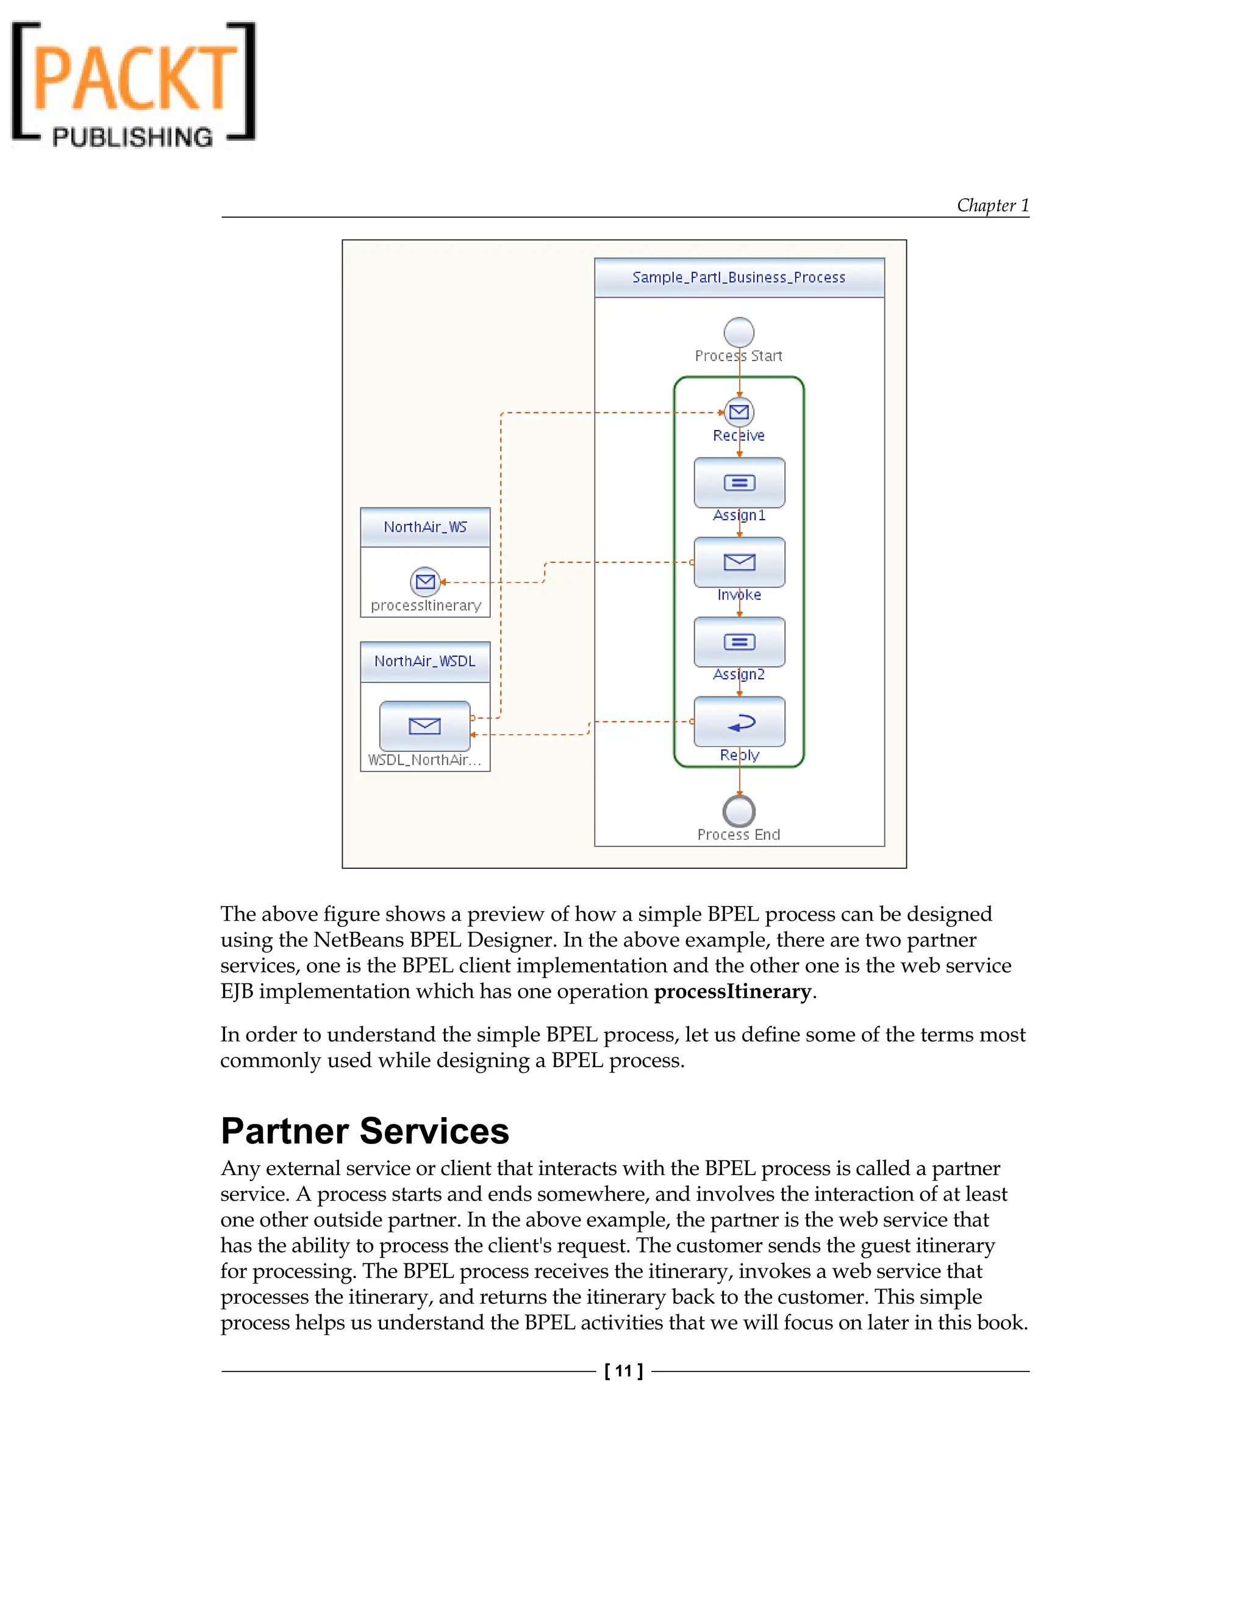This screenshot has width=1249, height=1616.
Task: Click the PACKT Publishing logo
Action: pos(133,84)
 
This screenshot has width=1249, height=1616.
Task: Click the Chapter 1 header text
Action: pos(992,206)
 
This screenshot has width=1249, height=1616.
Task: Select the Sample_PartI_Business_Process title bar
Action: pos(739,277)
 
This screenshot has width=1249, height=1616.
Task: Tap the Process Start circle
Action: pos(739,332)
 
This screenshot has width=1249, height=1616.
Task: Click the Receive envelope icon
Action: pos(739,412)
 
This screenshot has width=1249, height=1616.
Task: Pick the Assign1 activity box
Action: pos(739,482)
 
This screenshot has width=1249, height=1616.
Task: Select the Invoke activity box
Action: pos(739,562)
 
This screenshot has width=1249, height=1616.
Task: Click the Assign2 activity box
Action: pos(739,642)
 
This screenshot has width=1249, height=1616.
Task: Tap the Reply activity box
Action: pos(739,721)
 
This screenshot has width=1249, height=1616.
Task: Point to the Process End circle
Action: pos(739,811)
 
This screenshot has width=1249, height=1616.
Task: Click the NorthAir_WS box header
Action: pos(424,527)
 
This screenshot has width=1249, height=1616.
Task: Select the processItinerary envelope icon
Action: pos(424,582)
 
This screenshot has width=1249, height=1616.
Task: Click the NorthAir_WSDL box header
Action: pos(424,662)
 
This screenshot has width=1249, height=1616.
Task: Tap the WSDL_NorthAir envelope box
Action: pos(424,726)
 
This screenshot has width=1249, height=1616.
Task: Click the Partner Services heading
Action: pos(365,1131)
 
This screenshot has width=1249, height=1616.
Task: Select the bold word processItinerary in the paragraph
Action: pos(732,992)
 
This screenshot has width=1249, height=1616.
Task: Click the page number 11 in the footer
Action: pos(623,1370)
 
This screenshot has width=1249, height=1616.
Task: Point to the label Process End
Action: pos(739,835)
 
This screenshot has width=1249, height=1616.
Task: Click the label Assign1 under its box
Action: pos(739,515)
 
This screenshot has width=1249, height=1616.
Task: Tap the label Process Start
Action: pos(739,356)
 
